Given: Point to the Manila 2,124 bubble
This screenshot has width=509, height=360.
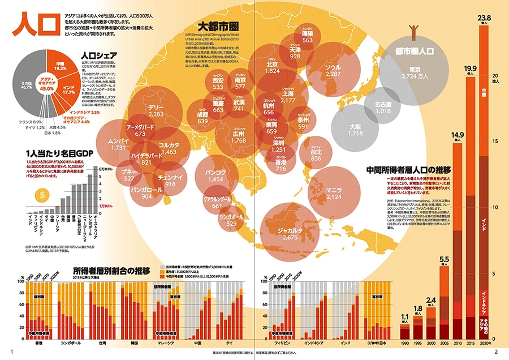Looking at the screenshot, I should coord(334,194).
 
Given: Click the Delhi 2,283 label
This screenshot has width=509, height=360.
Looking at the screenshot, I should coord(156,111).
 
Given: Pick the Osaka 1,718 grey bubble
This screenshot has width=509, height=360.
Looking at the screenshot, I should coord(355,130).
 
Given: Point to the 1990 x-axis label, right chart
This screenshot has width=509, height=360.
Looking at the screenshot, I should coord(404,344).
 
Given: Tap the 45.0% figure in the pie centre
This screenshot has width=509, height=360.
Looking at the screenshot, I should coord(46,88).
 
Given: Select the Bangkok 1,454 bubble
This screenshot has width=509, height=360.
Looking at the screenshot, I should coord(216,175).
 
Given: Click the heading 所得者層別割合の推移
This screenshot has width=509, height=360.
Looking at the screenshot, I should coord(111,271).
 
